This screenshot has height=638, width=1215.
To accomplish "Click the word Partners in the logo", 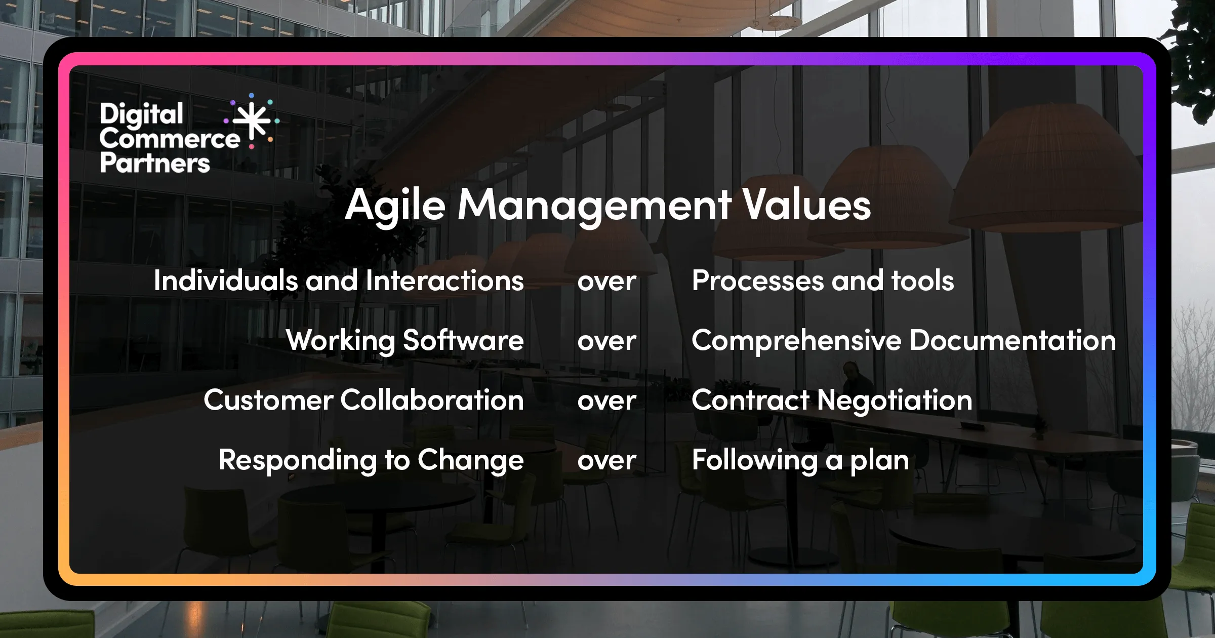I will point(155,163).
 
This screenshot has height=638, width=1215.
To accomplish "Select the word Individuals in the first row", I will point(226,281).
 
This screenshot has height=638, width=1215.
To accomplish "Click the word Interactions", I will point(444,281).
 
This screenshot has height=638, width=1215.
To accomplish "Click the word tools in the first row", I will point(922,281).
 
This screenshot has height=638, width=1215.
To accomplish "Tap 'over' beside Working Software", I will point(606,341).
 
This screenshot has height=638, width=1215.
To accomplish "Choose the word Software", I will point(463,340).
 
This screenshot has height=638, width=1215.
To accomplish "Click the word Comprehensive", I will point(796,340).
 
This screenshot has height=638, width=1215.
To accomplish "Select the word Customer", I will point(268,400).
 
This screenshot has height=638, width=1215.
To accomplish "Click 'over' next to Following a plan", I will point(606,461).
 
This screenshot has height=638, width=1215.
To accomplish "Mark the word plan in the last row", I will point(879,461).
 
